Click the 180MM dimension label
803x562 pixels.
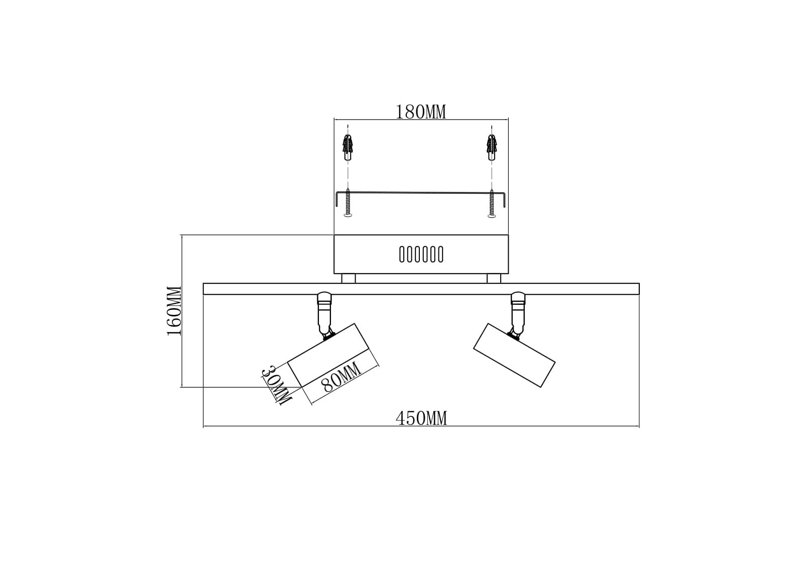tap(420, 112)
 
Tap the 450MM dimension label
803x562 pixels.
tap(421, 418)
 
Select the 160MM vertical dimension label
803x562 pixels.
tap(175, 311)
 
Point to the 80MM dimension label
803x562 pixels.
tap(341, 377)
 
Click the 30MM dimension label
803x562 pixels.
tap(276, 385)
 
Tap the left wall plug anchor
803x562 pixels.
tap(347, 147)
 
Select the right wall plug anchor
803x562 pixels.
tap(492, 147)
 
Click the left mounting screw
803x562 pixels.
tap(348, 203)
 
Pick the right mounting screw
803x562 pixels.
tap(492, 203)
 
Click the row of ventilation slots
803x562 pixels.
tap(421, 255)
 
